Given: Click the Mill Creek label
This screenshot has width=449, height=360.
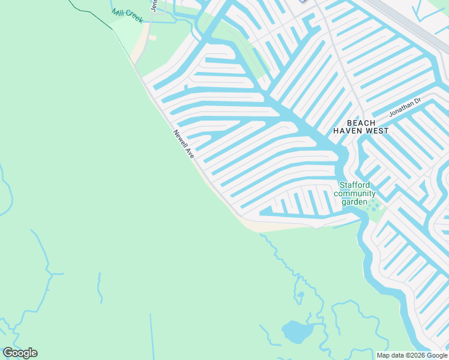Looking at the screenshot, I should point(127,14).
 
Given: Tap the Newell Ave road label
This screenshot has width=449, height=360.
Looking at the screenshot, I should point(184,144).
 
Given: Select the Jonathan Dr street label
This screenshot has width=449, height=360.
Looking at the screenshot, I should point(405,107).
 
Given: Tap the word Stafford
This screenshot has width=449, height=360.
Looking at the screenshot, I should point(355,185).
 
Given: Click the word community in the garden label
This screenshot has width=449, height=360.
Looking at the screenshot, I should point(355,193).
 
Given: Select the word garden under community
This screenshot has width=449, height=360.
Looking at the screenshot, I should point(354,202).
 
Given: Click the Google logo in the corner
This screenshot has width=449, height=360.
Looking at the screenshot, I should point(20,353).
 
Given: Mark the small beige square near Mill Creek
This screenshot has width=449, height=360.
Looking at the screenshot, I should point(152,38).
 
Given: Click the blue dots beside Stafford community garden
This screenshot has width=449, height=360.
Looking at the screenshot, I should point(375,206).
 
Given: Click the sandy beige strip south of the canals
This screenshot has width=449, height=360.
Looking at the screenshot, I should point(270,227).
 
